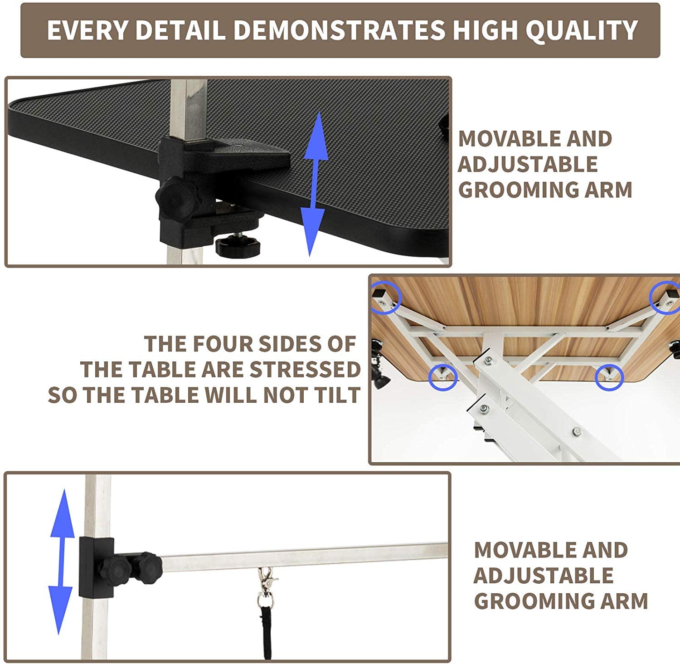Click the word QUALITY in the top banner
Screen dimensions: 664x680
[x=582, y=30]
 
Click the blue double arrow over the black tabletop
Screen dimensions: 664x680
[x=315, y=184]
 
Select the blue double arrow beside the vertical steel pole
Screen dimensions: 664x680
[x=61, y=561]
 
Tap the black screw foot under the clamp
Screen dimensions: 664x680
[x=238, y=245]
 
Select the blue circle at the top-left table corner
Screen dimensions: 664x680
[x=386, y=298]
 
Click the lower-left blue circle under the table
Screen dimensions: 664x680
[x=442, y=376]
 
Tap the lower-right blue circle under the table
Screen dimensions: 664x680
[x=609, y=377]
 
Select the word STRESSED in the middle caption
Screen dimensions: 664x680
[x=305, y=370]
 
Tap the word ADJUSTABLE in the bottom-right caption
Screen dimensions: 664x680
[x=543, y=576]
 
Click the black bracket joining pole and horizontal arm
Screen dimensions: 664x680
[x=96, y=567]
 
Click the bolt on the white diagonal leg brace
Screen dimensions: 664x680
[x=577, y=431]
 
